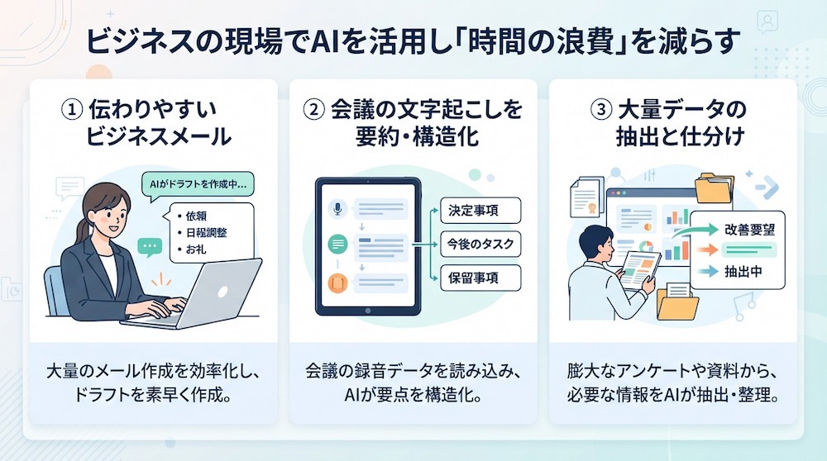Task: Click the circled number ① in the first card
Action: [x=72, y=110]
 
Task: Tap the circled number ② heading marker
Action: [x=314, y=110]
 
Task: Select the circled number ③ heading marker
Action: [x=600, y=110]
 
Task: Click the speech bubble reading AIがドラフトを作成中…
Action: [x=198, y=185]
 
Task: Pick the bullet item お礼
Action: [x=192, y=250]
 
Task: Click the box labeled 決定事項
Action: [x=480, y=211]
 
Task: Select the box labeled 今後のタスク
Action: [x=480, y=244]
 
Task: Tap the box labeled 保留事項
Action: [x=480, y=278]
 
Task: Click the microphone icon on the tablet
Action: [x=337, y=209]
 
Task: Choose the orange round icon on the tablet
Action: [x=337, y=283]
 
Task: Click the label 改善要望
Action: [x=749, y=230]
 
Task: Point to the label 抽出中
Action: [x=743, y=271]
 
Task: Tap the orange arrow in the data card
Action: [x=707, y=250]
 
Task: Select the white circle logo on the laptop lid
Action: [x=222, y=292]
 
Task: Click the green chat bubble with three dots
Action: [x=150, y=247]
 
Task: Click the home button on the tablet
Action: [x=368, y=311]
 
